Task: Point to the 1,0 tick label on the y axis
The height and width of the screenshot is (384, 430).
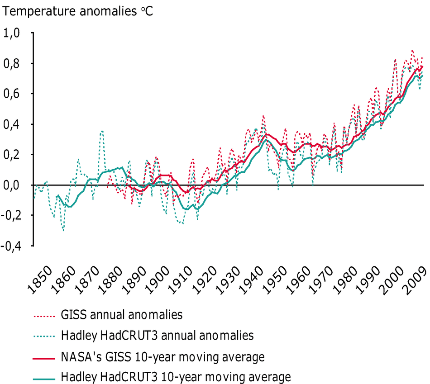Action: [x=14, y=33]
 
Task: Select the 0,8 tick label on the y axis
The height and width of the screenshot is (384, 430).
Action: [x=14, y=63]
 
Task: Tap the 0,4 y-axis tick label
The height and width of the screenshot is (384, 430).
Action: [x=14, y=124]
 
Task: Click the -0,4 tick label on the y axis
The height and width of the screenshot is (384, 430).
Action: [x=12, y=246]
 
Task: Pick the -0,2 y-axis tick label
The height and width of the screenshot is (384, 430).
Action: [x=12, y=215]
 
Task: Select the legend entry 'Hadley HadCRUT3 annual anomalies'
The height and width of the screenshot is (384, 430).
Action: [x=157, y=335]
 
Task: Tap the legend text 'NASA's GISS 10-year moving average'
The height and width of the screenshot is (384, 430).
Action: [x=162, y=357]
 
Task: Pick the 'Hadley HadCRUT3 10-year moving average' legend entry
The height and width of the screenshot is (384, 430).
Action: [x=175, y=376]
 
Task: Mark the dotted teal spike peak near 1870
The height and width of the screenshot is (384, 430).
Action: [x=102, y=131]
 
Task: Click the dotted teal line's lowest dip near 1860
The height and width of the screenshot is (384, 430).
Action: [x=63, y=231]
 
